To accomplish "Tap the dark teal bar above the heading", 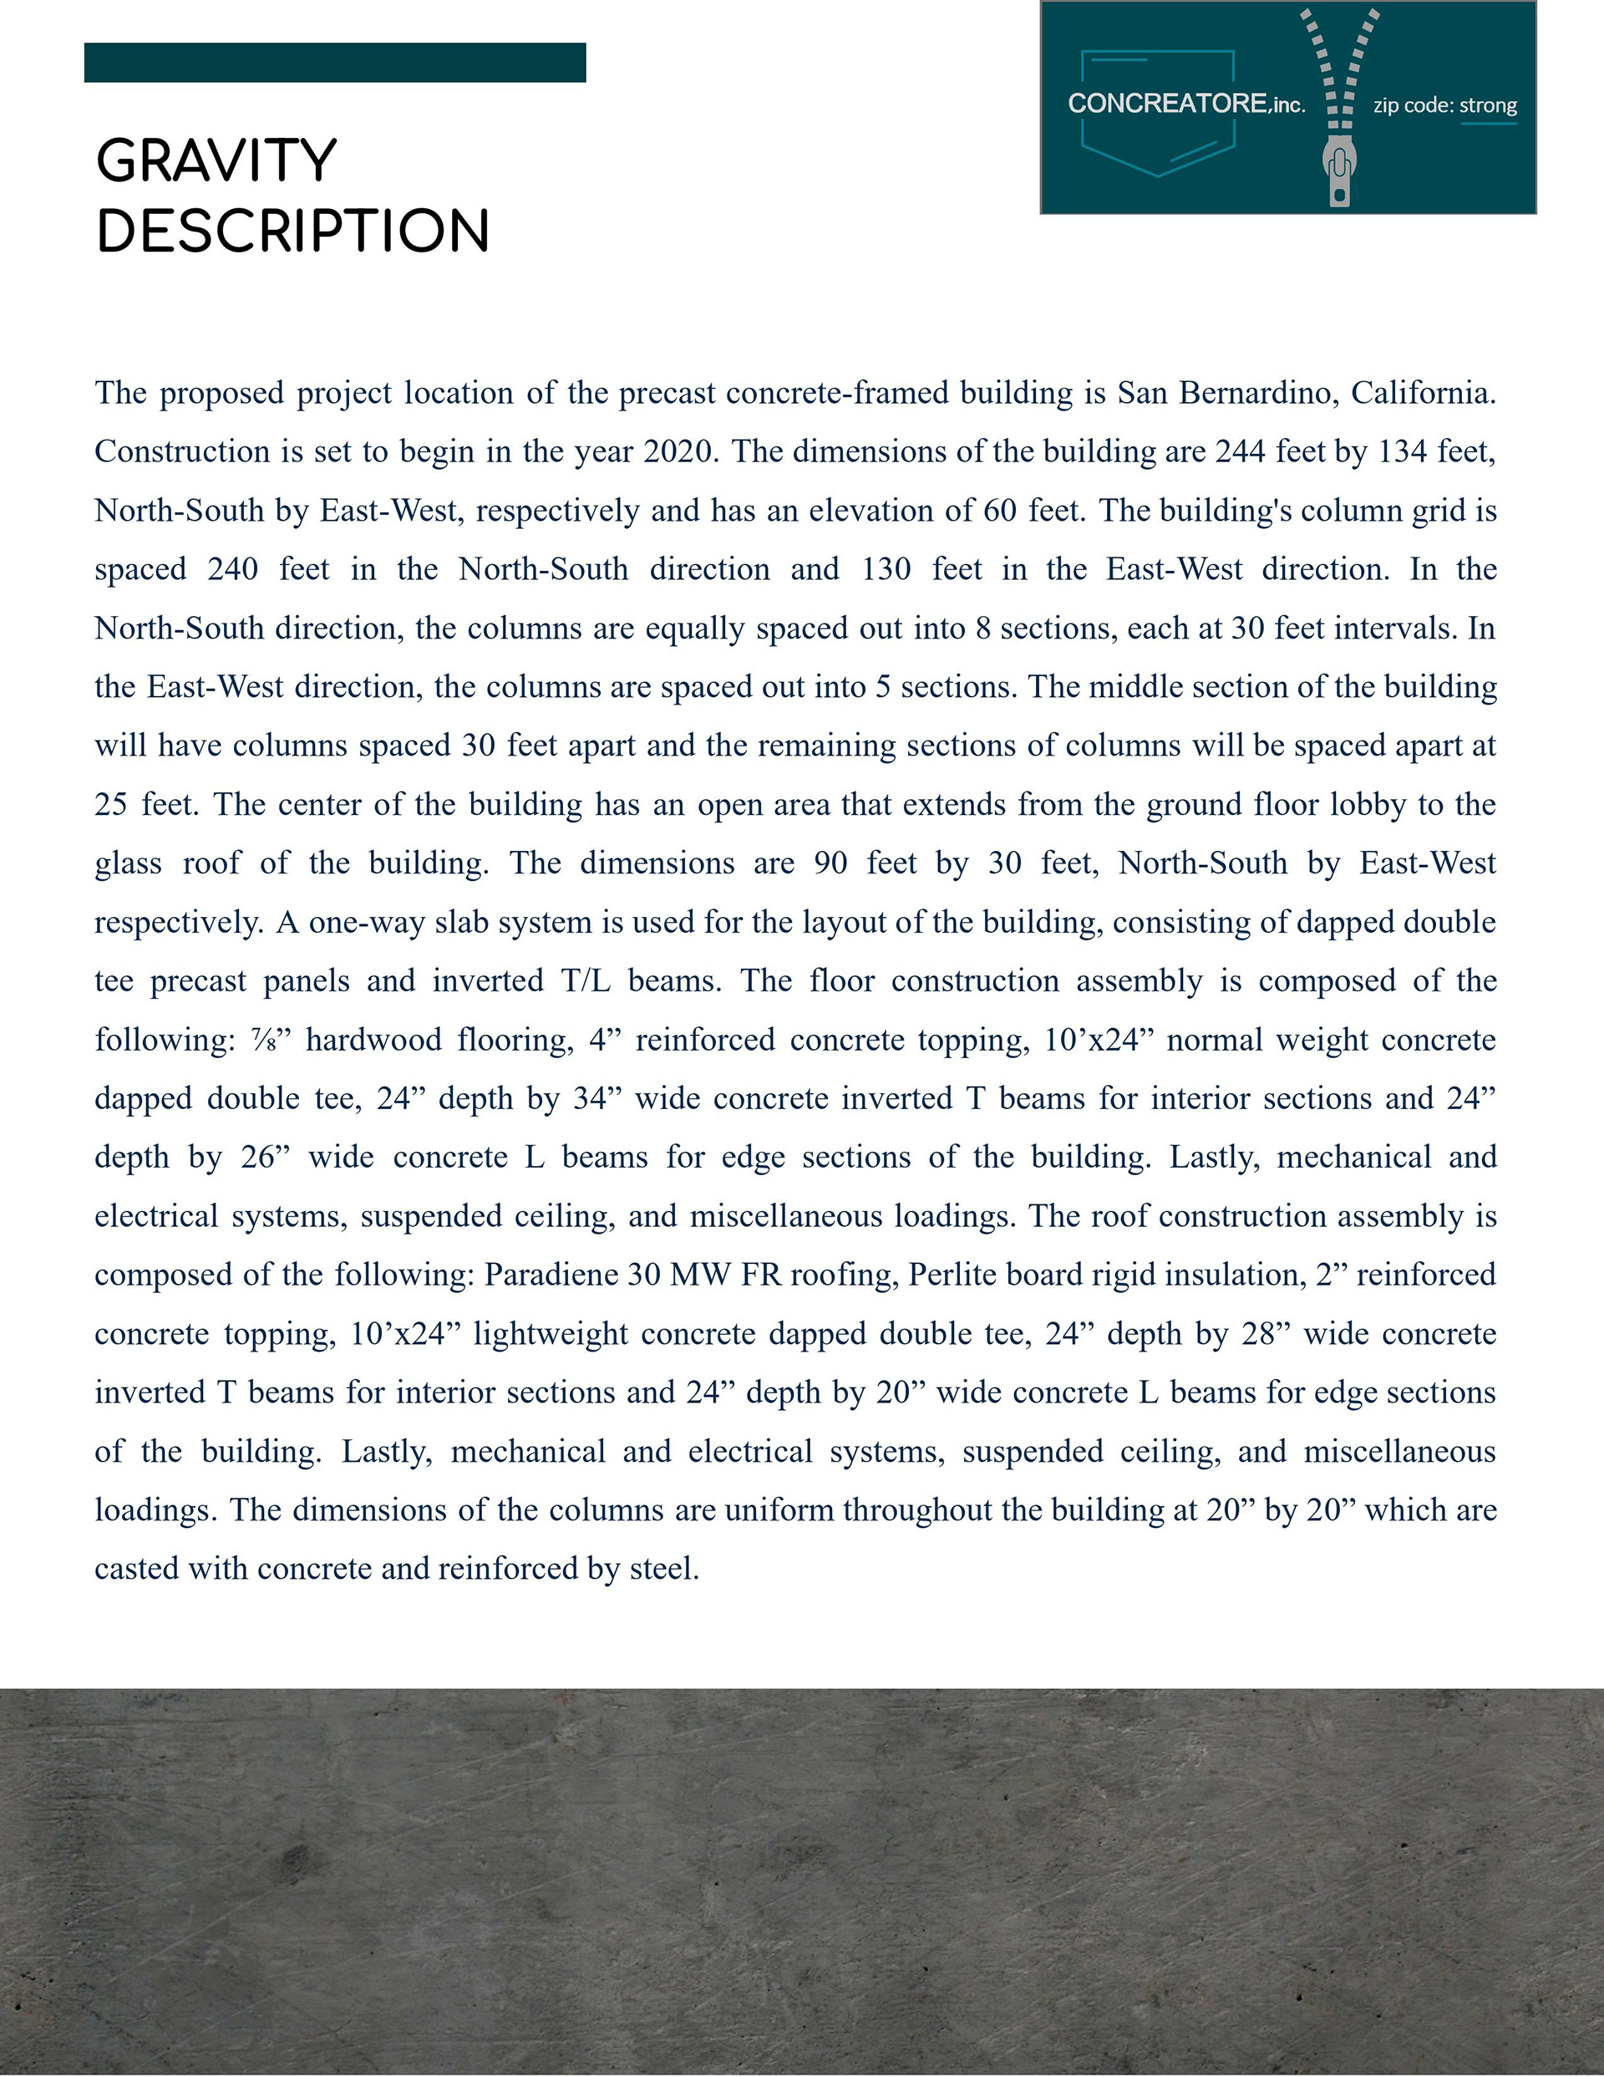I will click(335, 63).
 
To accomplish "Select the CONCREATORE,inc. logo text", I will click(1185, 104).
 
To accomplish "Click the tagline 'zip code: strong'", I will click(1444, 105).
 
